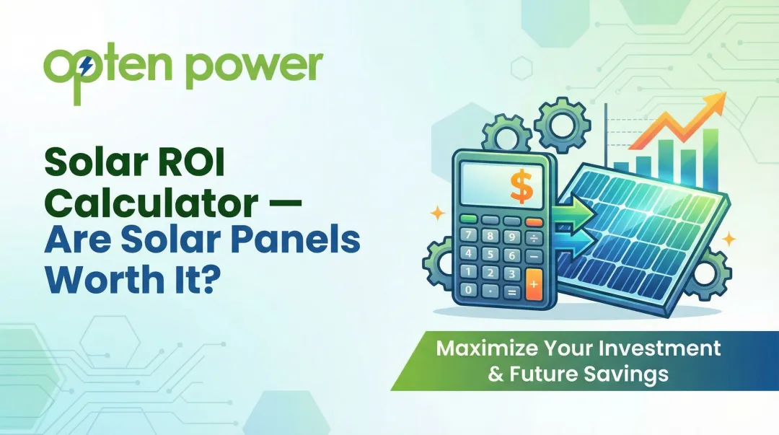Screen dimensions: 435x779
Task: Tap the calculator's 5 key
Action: coord(489,253)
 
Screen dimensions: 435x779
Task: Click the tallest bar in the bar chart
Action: coord(710,155)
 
